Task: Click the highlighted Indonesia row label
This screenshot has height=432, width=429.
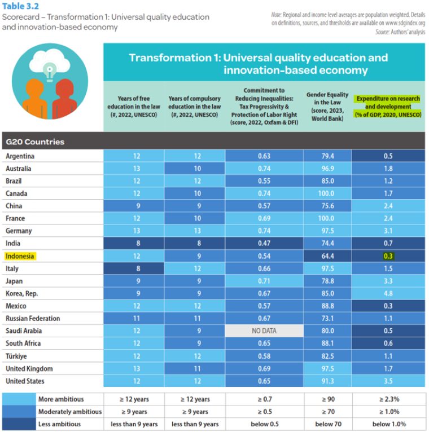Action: pos(20,256)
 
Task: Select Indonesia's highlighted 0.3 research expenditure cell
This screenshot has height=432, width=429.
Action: pos(388,256)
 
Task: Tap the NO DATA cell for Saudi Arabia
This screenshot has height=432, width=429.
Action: pos(264,331)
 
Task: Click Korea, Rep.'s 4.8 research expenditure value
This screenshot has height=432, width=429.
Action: pos(388,293)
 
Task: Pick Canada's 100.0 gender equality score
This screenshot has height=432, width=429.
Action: pos(327,193)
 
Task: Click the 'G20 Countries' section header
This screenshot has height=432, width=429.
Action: pos(34,142)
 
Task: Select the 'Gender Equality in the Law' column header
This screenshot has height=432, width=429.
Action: pos(327,107)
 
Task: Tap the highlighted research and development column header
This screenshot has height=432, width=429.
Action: pos(388,107)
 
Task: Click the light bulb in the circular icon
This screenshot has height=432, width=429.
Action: pos(50,72)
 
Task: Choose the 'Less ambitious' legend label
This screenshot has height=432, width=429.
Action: pos(59,424)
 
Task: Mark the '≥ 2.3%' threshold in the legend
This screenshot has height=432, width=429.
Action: pos(388,399)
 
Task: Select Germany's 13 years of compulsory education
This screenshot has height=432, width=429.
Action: pos(194,231)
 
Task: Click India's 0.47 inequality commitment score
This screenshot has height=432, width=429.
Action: pos(264,244)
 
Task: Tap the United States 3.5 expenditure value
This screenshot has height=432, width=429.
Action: pos(388,381)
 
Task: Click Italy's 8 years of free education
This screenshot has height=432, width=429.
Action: pos(134,268)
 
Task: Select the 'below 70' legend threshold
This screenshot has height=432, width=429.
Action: pos(327,424)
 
